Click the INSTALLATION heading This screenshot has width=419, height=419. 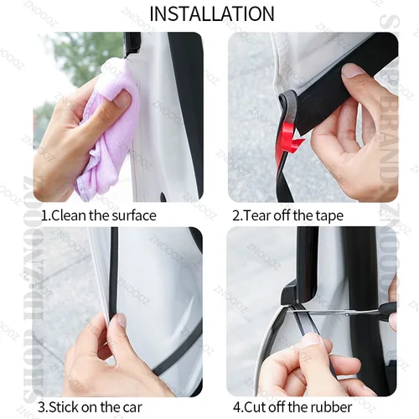(210, 14)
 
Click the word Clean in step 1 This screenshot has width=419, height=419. (70, 215)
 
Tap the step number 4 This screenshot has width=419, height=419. (237, 408)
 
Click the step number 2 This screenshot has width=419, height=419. (236, 215)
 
